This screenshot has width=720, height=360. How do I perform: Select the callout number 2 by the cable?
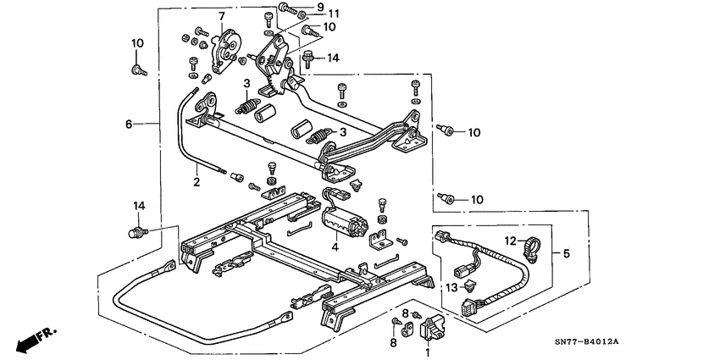197,181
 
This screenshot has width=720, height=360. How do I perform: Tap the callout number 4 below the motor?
335,248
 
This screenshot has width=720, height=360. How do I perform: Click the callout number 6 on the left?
129,124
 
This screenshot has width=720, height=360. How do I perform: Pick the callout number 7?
222,16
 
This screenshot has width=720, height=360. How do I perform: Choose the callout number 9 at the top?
320,8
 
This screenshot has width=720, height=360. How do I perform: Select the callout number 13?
451,287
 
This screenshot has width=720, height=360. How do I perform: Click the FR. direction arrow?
30,341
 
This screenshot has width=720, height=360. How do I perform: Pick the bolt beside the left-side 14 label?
135,230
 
